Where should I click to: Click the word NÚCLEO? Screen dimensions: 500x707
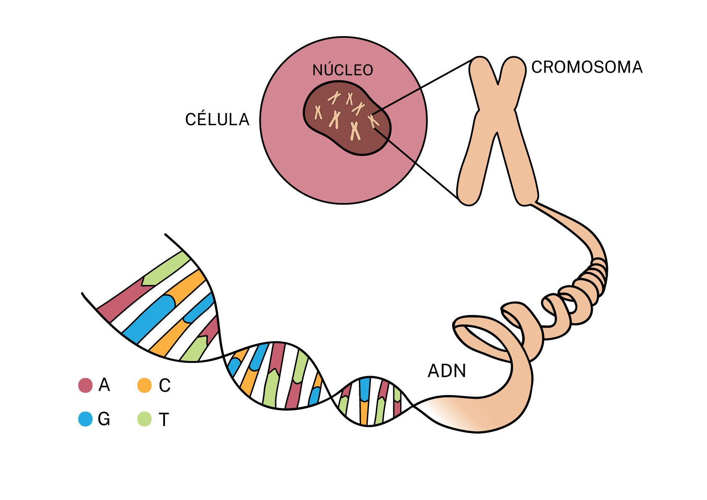point(343,70)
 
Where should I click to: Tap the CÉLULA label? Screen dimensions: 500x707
point(217,120)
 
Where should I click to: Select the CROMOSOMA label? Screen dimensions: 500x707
point(587,67)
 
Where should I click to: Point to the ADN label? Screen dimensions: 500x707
point(447,371)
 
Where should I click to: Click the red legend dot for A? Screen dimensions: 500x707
point(85,385)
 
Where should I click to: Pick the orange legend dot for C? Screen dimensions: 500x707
point(144,385)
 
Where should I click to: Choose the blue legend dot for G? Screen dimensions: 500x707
point(85,419)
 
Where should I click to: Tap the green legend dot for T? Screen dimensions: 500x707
point(144,419)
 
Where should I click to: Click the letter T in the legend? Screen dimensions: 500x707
point(164,420)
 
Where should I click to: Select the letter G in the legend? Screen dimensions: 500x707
point(104,419)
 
